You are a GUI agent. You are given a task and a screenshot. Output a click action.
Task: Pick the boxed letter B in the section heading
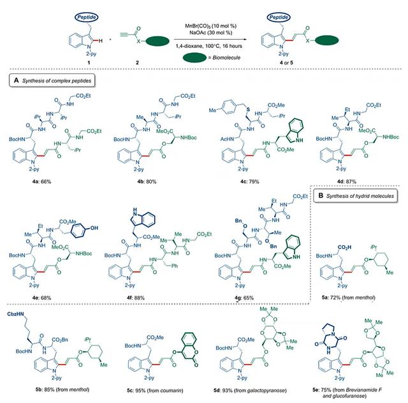pyautogui.click(x=320, y=192)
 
